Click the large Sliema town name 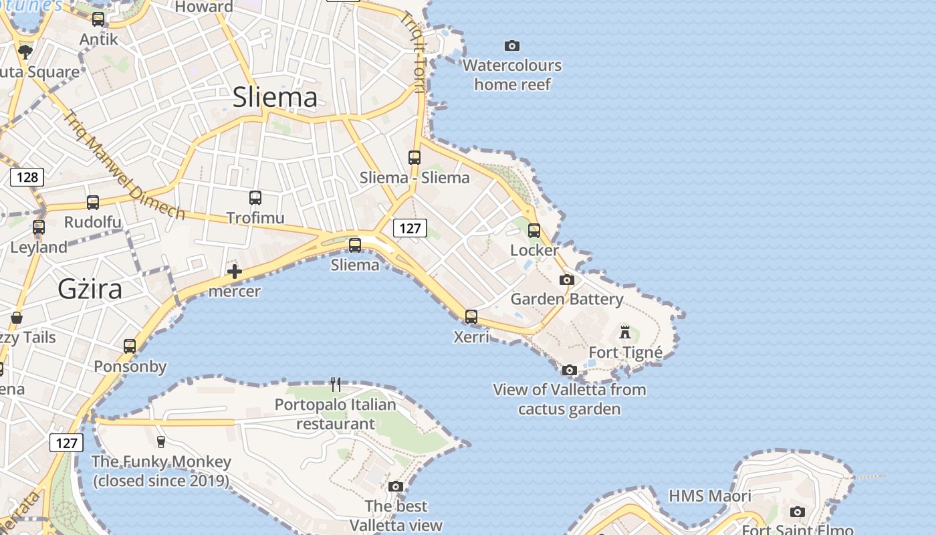(275, 98)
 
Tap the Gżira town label (90, 289)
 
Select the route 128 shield (27, 177)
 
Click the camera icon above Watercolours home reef (512, 45)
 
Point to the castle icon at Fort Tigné (625, 332)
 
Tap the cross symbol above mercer (234, 272)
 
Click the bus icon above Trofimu (255, 198)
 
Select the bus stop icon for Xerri (471, 317)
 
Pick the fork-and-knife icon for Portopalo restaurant (336, 385)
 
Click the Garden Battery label (567, 299)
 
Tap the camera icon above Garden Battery (567, 280)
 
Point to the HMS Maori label (710, 496)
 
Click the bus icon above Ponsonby (130, 346)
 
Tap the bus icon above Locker (534, 231)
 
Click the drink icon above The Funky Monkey (160, 441)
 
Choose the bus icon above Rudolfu (93, 203)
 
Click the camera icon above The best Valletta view (396, 486)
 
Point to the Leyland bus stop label (39, 247)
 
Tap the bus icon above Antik (98, 19)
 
